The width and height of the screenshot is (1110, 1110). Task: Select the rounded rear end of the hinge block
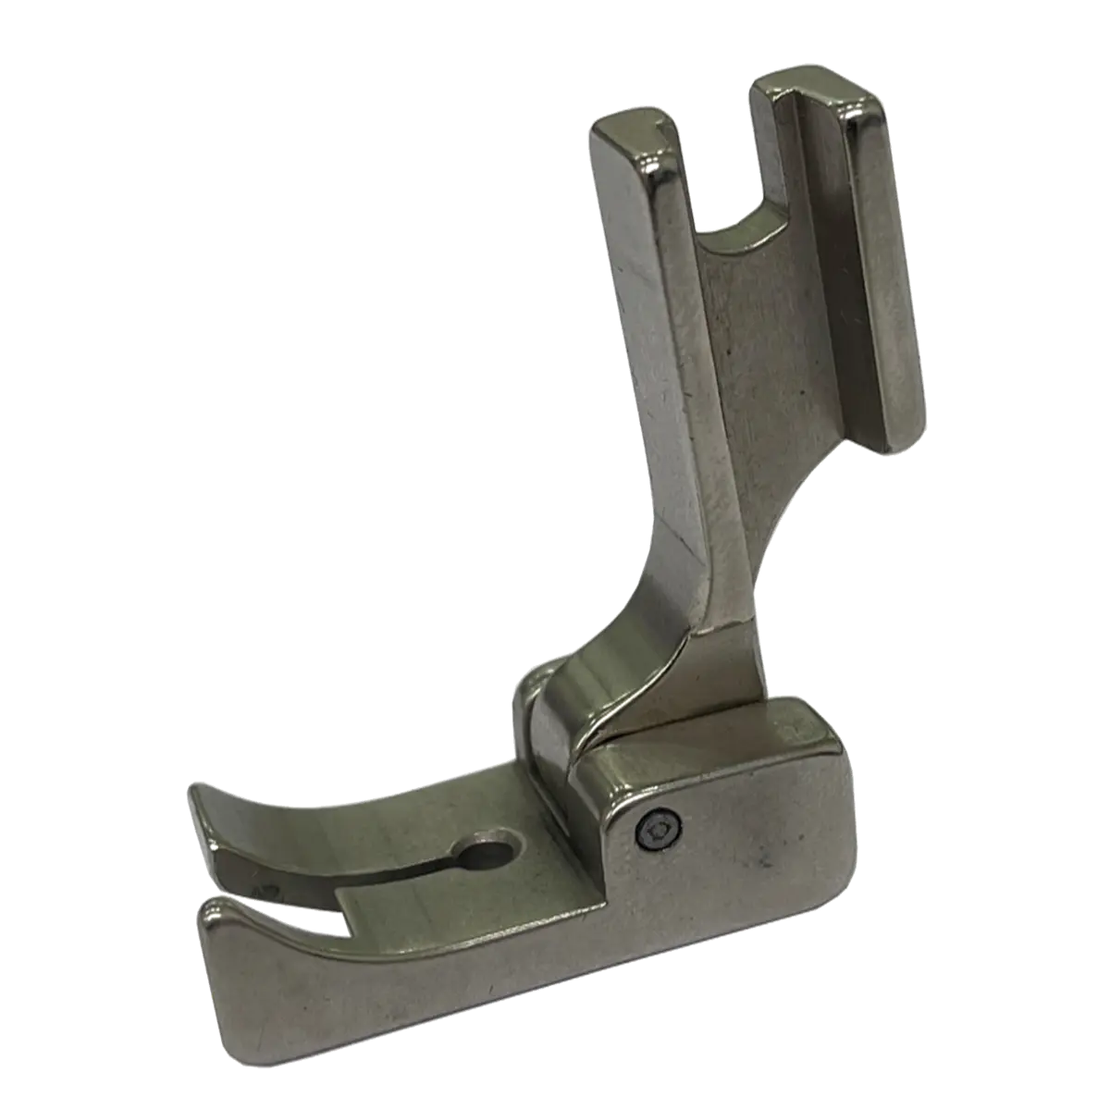(823, 731)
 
